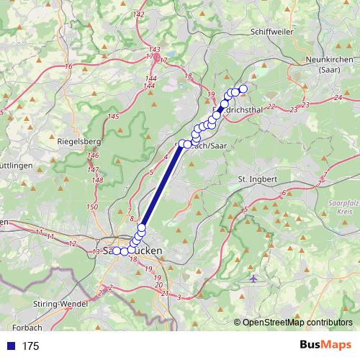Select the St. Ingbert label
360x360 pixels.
pyautogui.click(x=257, y=178)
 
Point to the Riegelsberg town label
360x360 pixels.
pyautogui.click(x=78, y=142)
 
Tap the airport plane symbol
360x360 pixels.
pyautogui.click(x=253, y=278)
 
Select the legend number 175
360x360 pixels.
pyautogui.click(x=30, y=346)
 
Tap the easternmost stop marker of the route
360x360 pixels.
pyautogui.click(x=243, y=89)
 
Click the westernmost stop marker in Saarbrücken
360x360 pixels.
pyautogui.click(x=116, y=251)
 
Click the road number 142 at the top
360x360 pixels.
pyautogui.click(x=139, y=14)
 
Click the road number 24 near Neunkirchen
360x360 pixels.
pyautogui.click(x=338, y=97)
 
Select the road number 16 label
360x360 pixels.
pyautogui.click(x=69, y=66)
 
